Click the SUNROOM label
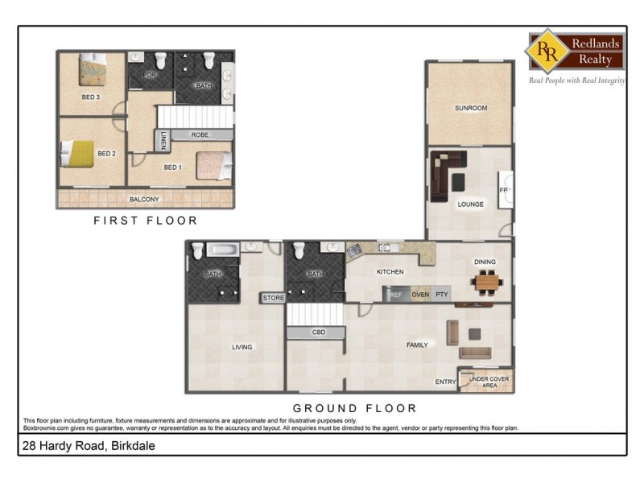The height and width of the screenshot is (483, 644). click(x=470, y=108)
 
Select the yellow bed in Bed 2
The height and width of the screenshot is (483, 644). click(x=79, y=153)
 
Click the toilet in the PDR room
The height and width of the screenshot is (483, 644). click(x=159, y=60)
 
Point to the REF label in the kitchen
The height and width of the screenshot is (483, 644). click(x=396, y=295)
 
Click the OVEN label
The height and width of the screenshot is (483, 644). click(x=420, y=295)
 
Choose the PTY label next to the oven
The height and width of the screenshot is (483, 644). click(x=442, y=295)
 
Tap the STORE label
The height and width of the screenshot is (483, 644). click(x=274, y=299)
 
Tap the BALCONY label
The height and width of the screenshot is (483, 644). click(x=144, y=199)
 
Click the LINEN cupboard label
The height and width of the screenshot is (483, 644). click(x=163, y=139)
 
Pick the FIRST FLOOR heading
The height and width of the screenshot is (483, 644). click(x=145, y=220)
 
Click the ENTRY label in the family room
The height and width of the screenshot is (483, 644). click(x=445, y=382)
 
